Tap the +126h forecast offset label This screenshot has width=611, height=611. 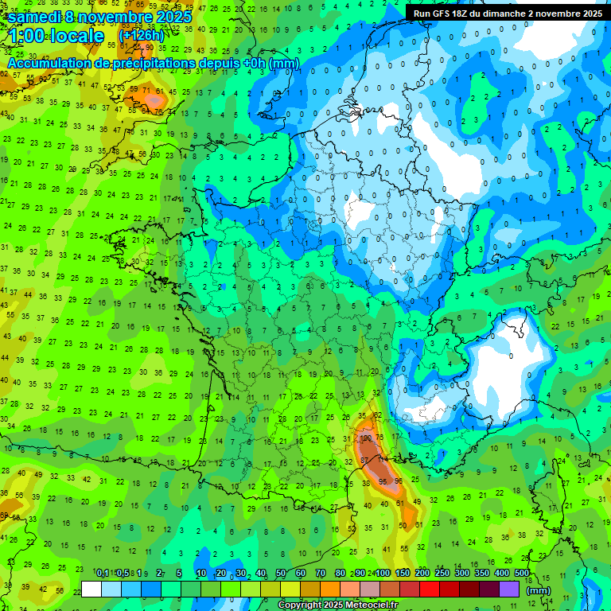click(x=141, y=36)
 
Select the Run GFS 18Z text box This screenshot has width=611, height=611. click(x=508, y=14)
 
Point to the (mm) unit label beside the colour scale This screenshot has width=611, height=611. click(x=539, y=590)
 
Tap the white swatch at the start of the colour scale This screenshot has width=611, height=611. click(x=91, y=590)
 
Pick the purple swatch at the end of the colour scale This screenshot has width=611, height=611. click(x=509, y=590)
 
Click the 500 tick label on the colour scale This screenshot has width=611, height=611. click(x=522, y=573)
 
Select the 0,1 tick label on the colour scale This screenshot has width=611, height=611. click(x=103, y=573)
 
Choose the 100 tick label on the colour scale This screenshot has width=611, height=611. click(x=382, y=573)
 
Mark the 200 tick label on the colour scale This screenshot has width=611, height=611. click(x=422, y=573)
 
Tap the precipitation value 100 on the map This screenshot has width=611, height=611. click(x=367, y=438)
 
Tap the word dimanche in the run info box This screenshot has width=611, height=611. click(x=501, y=14)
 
